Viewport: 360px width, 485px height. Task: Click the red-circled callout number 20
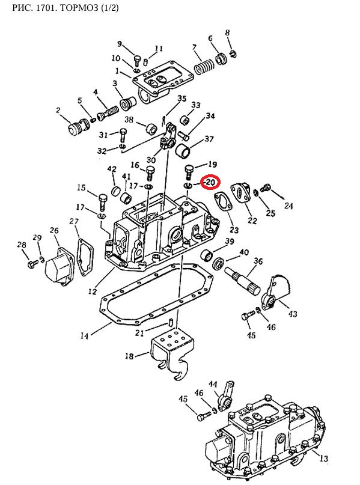(210, 182)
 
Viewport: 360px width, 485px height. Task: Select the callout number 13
(323, 458)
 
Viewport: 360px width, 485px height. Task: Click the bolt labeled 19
(189, 172)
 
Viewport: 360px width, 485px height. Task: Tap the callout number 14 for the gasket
(84, 335)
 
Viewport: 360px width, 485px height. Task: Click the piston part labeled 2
(78, 127)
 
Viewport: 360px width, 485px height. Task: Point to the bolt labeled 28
(33, 263)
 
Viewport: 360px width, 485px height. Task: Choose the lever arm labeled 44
(226, 396)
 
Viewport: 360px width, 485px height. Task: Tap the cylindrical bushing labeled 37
(183, 150)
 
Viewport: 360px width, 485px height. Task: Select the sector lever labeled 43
(275, 292)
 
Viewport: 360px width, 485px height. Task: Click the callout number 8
(228, 33)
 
